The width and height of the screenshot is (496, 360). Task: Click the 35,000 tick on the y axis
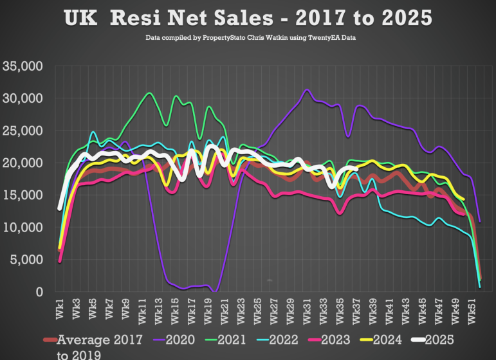tap(23, 66)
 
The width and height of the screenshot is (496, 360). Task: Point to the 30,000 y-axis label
tap(23, 98)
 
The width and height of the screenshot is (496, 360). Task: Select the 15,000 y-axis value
tap(23, 195)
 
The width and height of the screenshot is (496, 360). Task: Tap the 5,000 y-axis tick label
tap(26, 259)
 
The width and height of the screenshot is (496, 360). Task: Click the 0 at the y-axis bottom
tap(39, 291)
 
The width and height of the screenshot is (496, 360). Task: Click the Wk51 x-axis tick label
tap(473, 310)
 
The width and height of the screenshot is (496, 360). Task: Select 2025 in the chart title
tap(397, 17)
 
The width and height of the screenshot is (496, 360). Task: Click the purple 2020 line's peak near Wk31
tap(308, 90)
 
